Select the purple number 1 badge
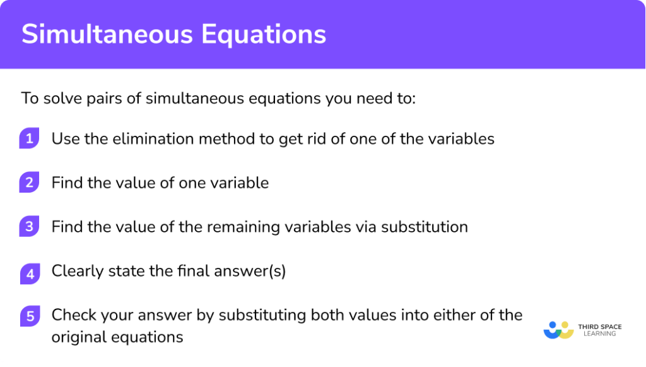(29, 139)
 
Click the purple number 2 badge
(29, 183)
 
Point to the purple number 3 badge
(29, 227)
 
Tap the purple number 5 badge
(29, 315)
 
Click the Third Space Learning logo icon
(558, 329)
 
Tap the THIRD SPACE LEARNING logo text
(600, 330)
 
